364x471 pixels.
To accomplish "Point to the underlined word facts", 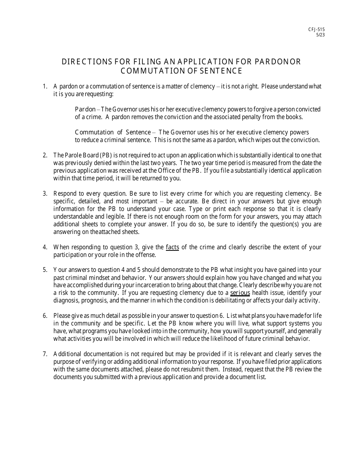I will click(172, 247).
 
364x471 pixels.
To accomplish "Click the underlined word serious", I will click(240, 293).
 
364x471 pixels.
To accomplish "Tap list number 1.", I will click(45, 87).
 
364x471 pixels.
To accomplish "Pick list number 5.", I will click(45, 270).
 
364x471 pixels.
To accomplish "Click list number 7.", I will click(45, 354).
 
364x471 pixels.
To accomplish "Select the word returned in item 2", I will click(152, 178).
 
